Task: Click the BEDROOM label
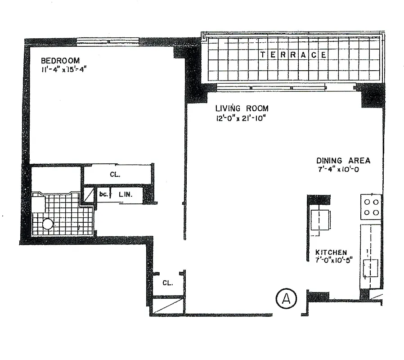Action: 60,60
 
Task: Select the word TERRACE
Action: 293,55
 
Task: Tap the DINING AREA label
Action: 343,161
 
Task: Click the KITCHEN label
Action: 331,252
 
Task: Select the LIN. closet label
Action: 125,194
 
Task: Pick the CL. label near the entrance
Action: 167,283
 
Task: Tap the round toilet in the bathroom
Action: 48,224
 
